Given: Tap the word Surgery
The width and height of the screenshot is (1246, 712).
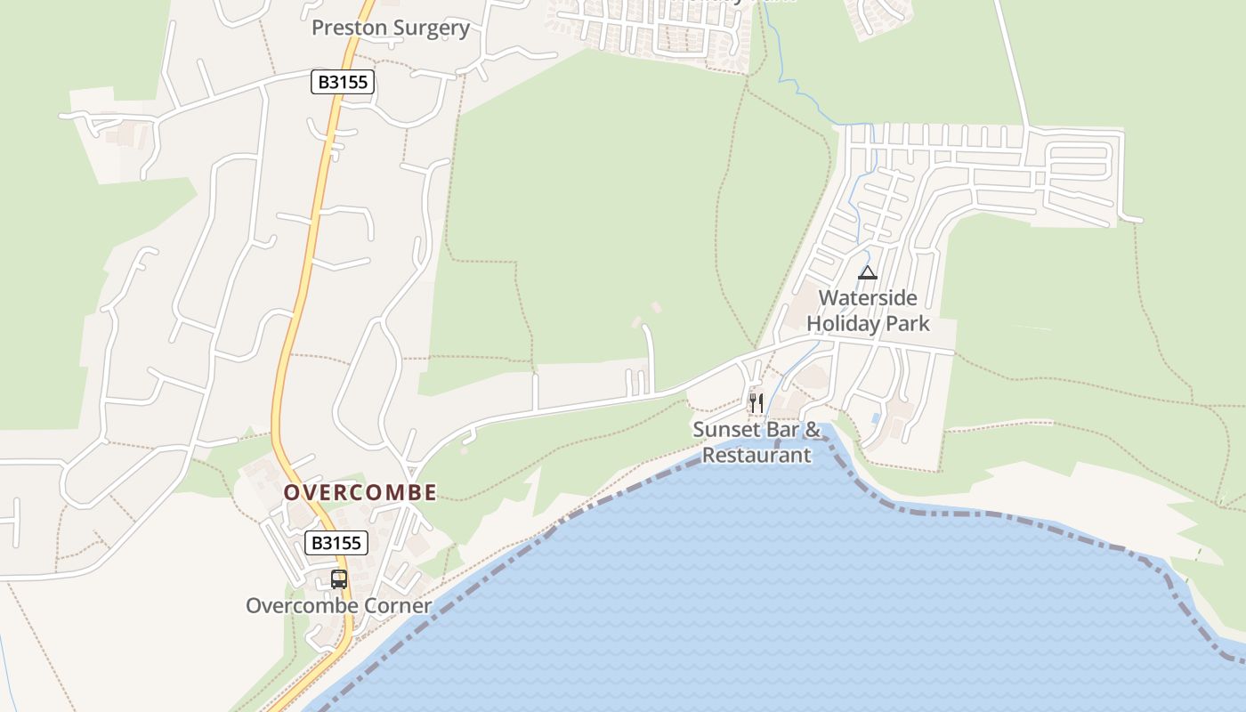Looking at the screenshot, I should pyautogui.click(x=430, y=28).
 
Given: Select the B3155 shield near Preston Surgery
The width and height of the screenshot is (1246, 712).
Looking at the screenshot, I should pyautogui.click(x=343, y=83).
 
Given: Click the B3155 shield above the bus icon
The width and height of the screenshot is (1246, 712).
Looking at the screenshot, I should pyautogui.click(x=336, y=543).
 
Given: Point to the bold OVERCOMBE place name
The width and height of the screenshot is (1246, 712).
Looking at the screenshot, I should pyautogui.click(x=360, y=492).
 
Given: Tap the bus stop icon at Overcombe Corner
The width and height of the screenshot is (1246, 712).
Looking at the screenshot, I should pyautogui.click(x=338, y=579).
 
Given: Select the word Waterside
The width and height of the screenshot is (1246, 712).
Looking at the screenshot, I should pyautogui.click(x=867, y=298).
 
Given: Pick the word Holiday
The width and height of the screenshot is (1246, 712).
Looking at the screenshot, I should pyautogui.click(x=844, y=323).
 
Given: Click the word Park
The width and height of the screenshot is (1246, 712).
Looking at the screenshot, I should pyautogui.click(x=908, y=323).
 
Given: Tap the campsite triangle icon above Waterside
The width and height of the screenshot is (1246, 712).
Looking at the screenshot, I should pyautogui.click(x=867, y=272).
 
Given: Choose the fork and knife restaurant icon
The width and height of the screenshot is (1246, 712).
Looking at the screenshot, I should pyautogui.click(x=756, y=403).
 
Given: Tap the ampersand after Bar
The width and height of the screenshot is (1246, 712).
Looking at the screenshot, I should pyautogui.click(x=813, y=430).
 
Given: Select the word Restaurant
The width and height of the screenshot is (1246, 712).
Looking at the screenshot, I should pyautogui.click(x=756, y=455).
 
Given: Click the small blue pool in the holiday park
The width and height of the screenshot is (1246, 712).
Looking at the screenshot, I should pyautogui.click(x=877, y=417).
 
